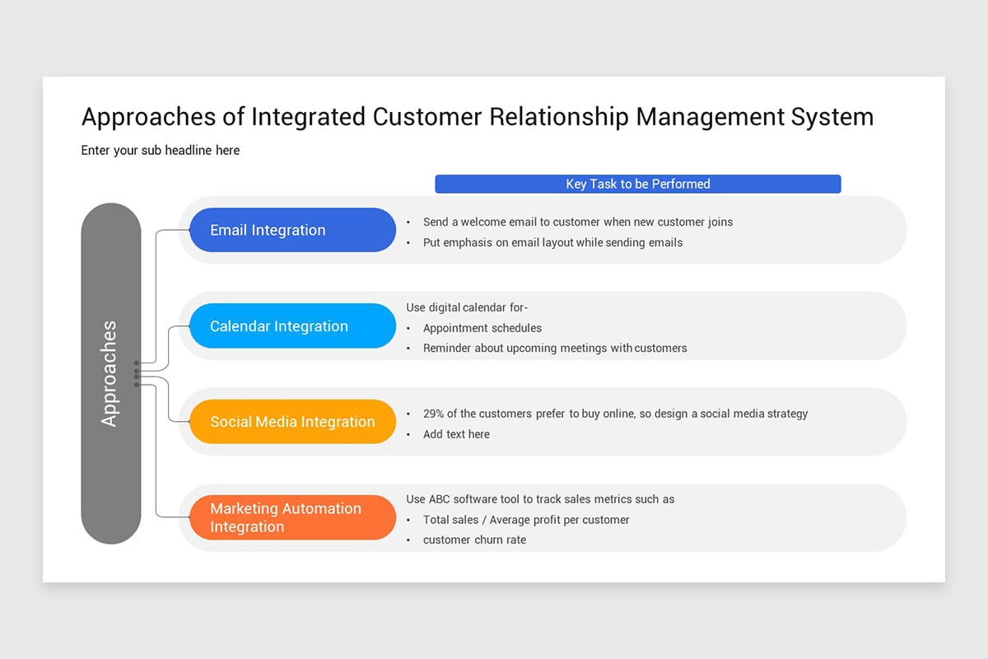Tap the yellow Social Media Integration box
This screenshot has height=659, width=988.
click(292, 422)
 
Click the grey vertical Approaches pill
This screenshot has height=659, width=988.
click(110, 373)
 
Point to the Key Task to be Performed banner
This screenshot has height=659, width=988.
click(637, 184)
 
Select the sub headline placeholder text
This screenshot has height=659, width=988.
click(161, 150)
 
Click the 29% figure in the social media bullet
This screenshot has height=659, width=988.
click(434, 414)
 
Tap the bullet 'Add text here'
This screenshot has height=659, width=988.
click(456, 434)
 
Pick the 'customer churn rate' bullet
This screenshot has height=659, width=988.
click(474, 540)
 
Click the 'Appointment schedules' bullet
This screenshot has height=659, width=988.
click(482, 328)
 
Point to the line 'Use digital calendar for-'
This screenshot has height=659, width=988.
click(467, 307)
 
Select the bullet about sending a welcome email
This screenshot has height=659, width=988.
click(577, 222)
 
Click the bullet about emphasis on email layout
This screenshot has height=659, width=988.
click(552, 242)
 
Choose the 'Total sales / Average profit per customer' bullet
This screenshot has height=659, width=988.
click(526, 520)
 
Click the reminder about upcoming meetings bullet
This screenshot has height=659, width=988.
click(554, 348)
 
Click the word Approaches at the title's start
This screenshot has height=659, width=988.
click(149, 117)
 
